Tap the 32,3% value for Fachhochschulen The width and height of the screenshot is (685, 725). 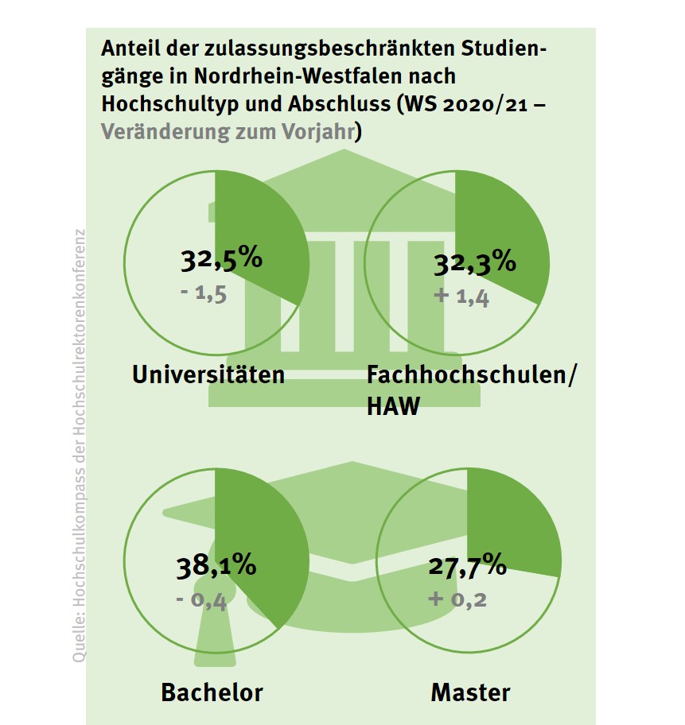[473, 262]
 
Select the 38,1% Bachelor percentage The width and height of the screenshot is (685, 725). [216, 565]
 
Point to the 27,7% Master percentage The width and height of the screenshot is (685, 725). [467, 565]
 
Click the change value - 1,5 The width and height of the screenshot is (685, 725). [204, 294]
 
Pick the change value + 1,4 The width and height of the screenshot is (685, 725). [461, 298]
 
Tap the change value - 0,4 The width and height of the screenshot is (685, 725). [202, 600]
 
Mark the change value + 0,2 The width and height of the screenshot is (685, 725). [458, 598]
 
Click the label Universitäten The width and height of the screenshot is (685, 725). [209, 374]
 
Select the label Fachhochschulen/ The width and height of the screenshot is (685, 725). [469, 374]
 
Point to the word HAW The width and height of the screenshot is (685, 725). [393, 407]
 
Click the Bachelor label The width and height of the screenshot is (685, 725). [212, 692]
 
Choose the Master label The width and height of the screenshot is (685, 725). [470, 692]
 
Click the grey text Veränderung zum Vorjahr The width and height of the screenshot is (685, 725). [228, 131]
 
